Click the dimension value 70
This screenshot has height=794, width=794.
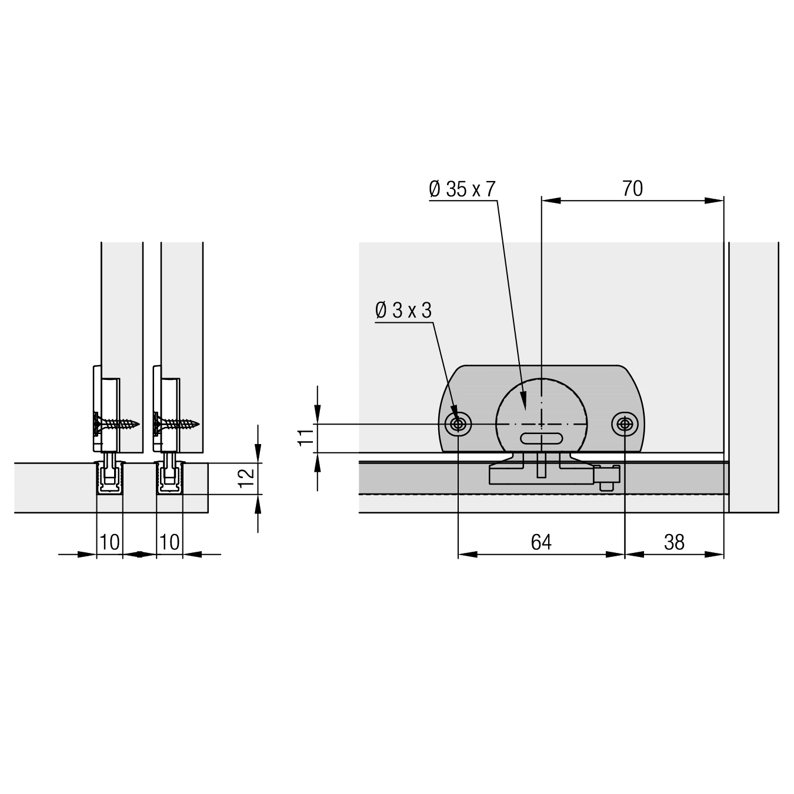pos(632,189)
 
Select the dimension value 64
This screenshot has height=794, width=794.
pos(541,542)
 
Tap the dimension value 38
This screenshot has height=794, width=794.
pos(675,542)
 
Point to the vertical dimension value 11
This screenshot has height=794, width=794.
pos(306,437)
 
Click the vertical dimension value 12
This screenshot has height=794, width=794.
pos(247,478)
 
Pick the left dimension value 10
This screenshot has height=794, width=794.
pos(109,542)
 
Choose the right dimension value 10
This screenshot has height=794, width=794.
pos(169,542)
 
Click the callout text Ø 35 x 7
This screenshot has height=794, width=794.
pos(462,189)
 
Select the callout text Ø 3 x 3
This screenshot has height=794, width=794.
pos(403,311)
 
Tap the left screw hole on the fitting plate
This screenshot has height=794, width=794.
pos(458,423)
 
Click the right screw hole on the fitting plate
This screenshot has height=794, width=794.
pos(625,423)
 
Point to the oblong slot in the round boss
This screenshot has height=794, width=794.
pos(541,438)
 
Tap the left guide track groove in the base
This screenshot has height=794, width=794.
pos(109,478)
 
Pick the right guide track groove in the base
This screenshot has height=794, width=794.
pos(169,478)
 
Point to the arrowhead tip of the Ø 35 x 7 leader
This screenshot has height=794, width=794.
pos(525,411)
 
